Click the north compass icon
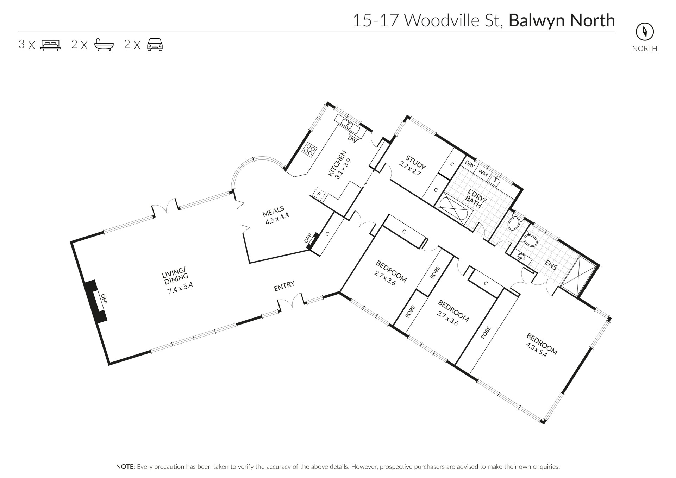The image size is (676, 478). click(x=645, y=32)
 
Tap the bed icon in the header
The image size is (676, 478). click(x=51, y=45)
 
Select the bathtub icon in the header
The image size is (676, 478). click(x=104, y=45)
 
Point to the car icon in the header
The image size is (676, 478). click(x=155, y=45)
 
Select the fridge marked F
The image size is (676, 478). click(x=320, y=194)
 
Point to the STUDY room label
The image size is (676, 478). click(x=416, y=162)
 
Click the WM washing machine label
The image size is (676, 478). click(x=483, y=174)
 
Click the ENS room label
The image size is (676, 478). click(x=551, y=265)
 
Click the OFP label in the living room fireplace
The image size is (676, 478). click(x=104, y=299)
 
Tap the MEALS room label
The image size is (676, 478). click(x=273, y=212)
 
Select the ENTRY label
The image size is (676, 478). click(x=284, y=286)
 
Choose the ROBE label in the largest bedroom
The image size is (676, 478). click(x=486, y=333)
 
